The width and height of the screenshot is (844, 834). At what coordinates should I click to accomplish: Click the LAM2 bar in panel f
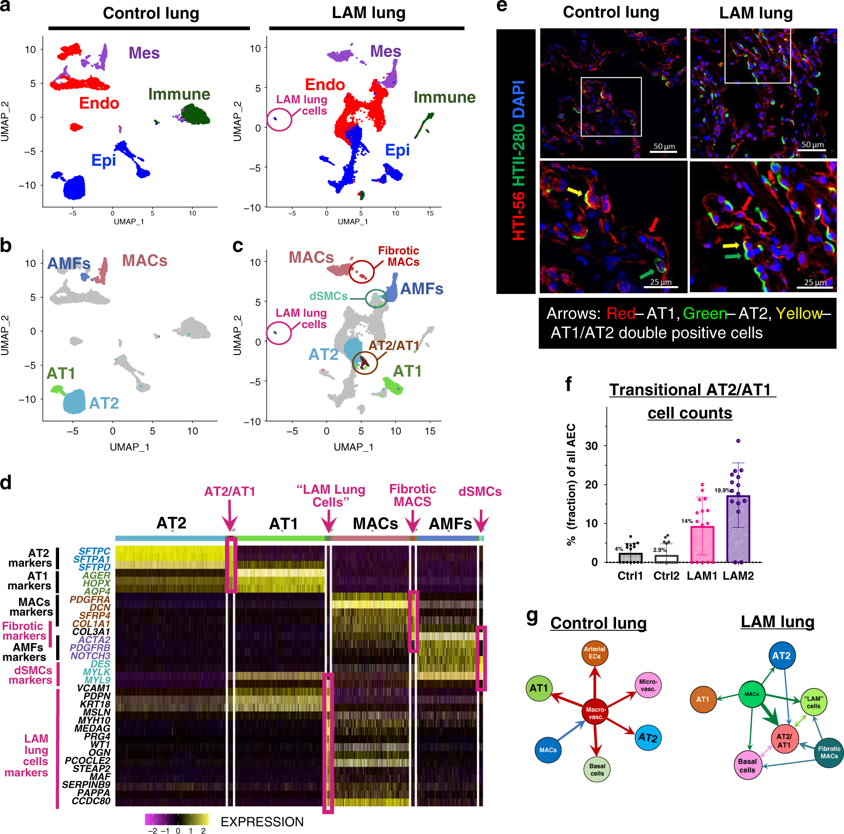pos(738,530)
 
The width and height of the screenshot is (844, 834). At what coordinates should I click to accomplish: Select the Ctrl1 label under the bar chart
pos(630,576)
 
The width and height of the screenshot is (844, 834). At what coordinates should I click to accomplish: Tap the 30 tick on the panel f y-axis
pos(591,446)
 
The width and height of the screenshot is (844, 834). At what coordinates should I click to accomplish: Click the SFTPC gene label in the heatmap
pos(94,551)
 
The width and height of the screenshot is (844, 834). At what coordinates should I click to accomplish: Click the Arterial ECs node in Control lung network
pos(595,653)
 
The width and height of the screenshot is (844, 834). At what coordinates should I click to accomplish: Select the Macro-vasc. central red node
pos(596,712)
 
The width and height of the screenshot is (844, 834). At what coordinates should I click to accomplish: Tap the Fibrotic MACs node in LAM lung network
pos(829,752)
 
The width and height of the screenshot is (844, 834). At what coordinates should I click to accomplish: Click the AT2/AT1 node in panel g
pos(784,740)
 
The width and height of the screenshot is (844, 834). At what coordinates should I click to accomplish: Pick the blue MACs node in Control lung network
pos(548,750)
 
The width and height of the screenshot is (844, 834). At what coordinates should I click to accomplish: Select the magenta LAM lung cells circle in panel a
pos(279,119)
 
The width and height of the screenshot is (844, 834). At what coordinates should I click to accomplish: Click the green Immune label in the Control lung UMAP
pos(179,94)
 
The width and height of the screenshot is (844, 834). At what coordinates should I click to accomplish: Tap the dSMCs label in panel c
pos(328,296)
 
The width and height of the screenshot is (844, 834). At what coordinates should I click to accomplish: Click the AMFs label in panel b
pos(69,264)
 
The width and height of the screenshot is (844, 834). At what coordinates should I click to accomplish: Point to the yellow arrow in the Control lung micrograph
pos(574,192)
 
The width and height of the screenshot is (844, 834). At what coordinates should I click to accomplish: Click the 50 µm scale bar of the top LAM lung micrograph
pos(812,150)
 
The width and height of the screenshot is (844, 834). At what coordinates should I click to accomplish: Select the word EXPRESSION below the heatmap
pos(262,822)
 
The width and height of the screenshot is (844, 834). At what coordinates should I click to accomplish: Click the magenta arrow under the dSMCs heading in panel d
pos(481,521)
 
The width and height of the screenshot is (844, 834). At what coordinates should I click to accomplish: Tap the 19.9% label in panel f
pos(722,490)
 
